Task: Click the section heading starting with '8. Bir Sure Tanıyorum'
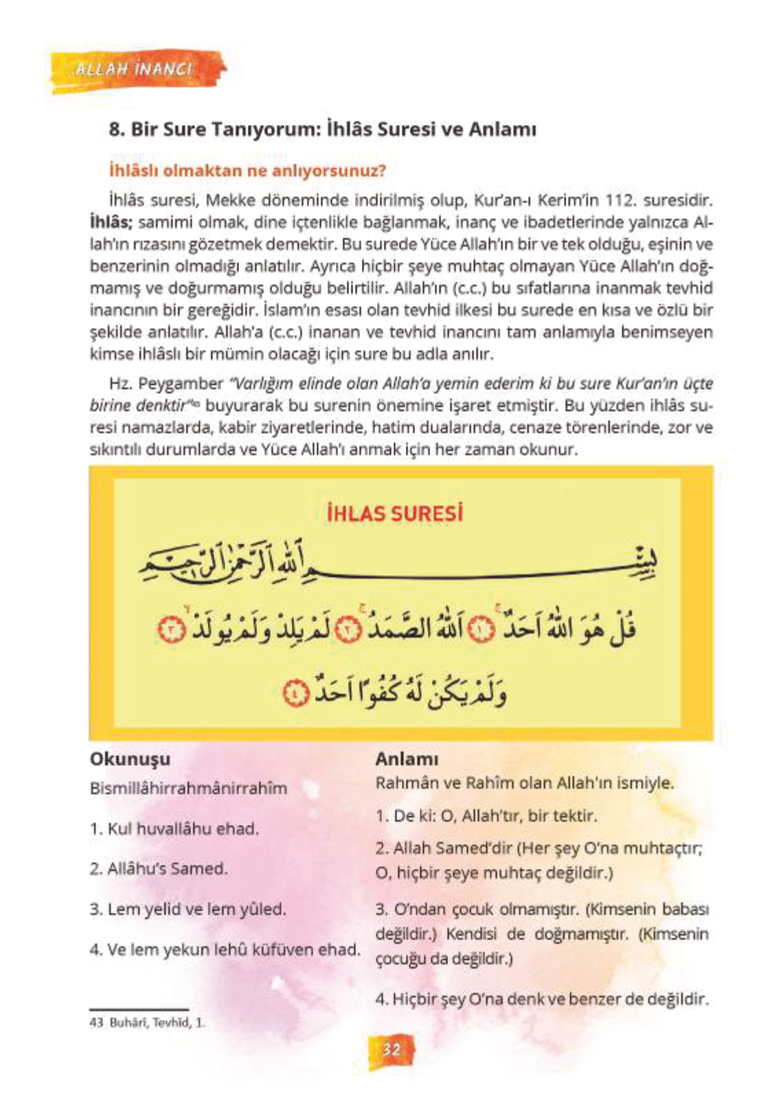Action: click(x=322, y=129)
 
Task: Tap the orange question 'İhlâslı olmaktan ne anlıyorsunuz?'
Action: click(x=247, y=170)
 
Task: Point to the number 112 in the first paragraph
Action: click(x=619, y=200)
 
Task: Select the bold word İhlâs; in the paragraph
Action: click(x=111, y=222)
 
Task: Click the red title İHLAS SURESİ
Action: click(x=394, y=513)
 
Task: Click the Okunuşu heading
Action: click(x=130, y=759)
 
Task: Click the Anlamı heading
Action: click(x=407, y=759)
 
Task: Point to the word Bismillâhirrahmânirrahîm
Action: click(x=188, y=788)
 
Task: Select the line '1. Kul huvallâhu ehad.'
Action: click(x=174, y=828)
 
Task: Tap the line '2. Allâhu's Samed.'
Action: click(x=159, y=868)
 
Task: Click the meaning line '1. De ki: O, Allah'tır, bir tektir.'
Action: click(x=486, y=816)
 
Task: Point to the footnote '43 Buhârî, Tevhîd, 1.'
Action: click(x=147, y=1022)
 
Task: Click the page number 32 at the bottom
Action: click(x=391, y=1049)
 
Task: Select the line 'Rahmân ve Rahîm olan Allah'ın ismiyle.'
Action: click(x=525, y=783)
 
